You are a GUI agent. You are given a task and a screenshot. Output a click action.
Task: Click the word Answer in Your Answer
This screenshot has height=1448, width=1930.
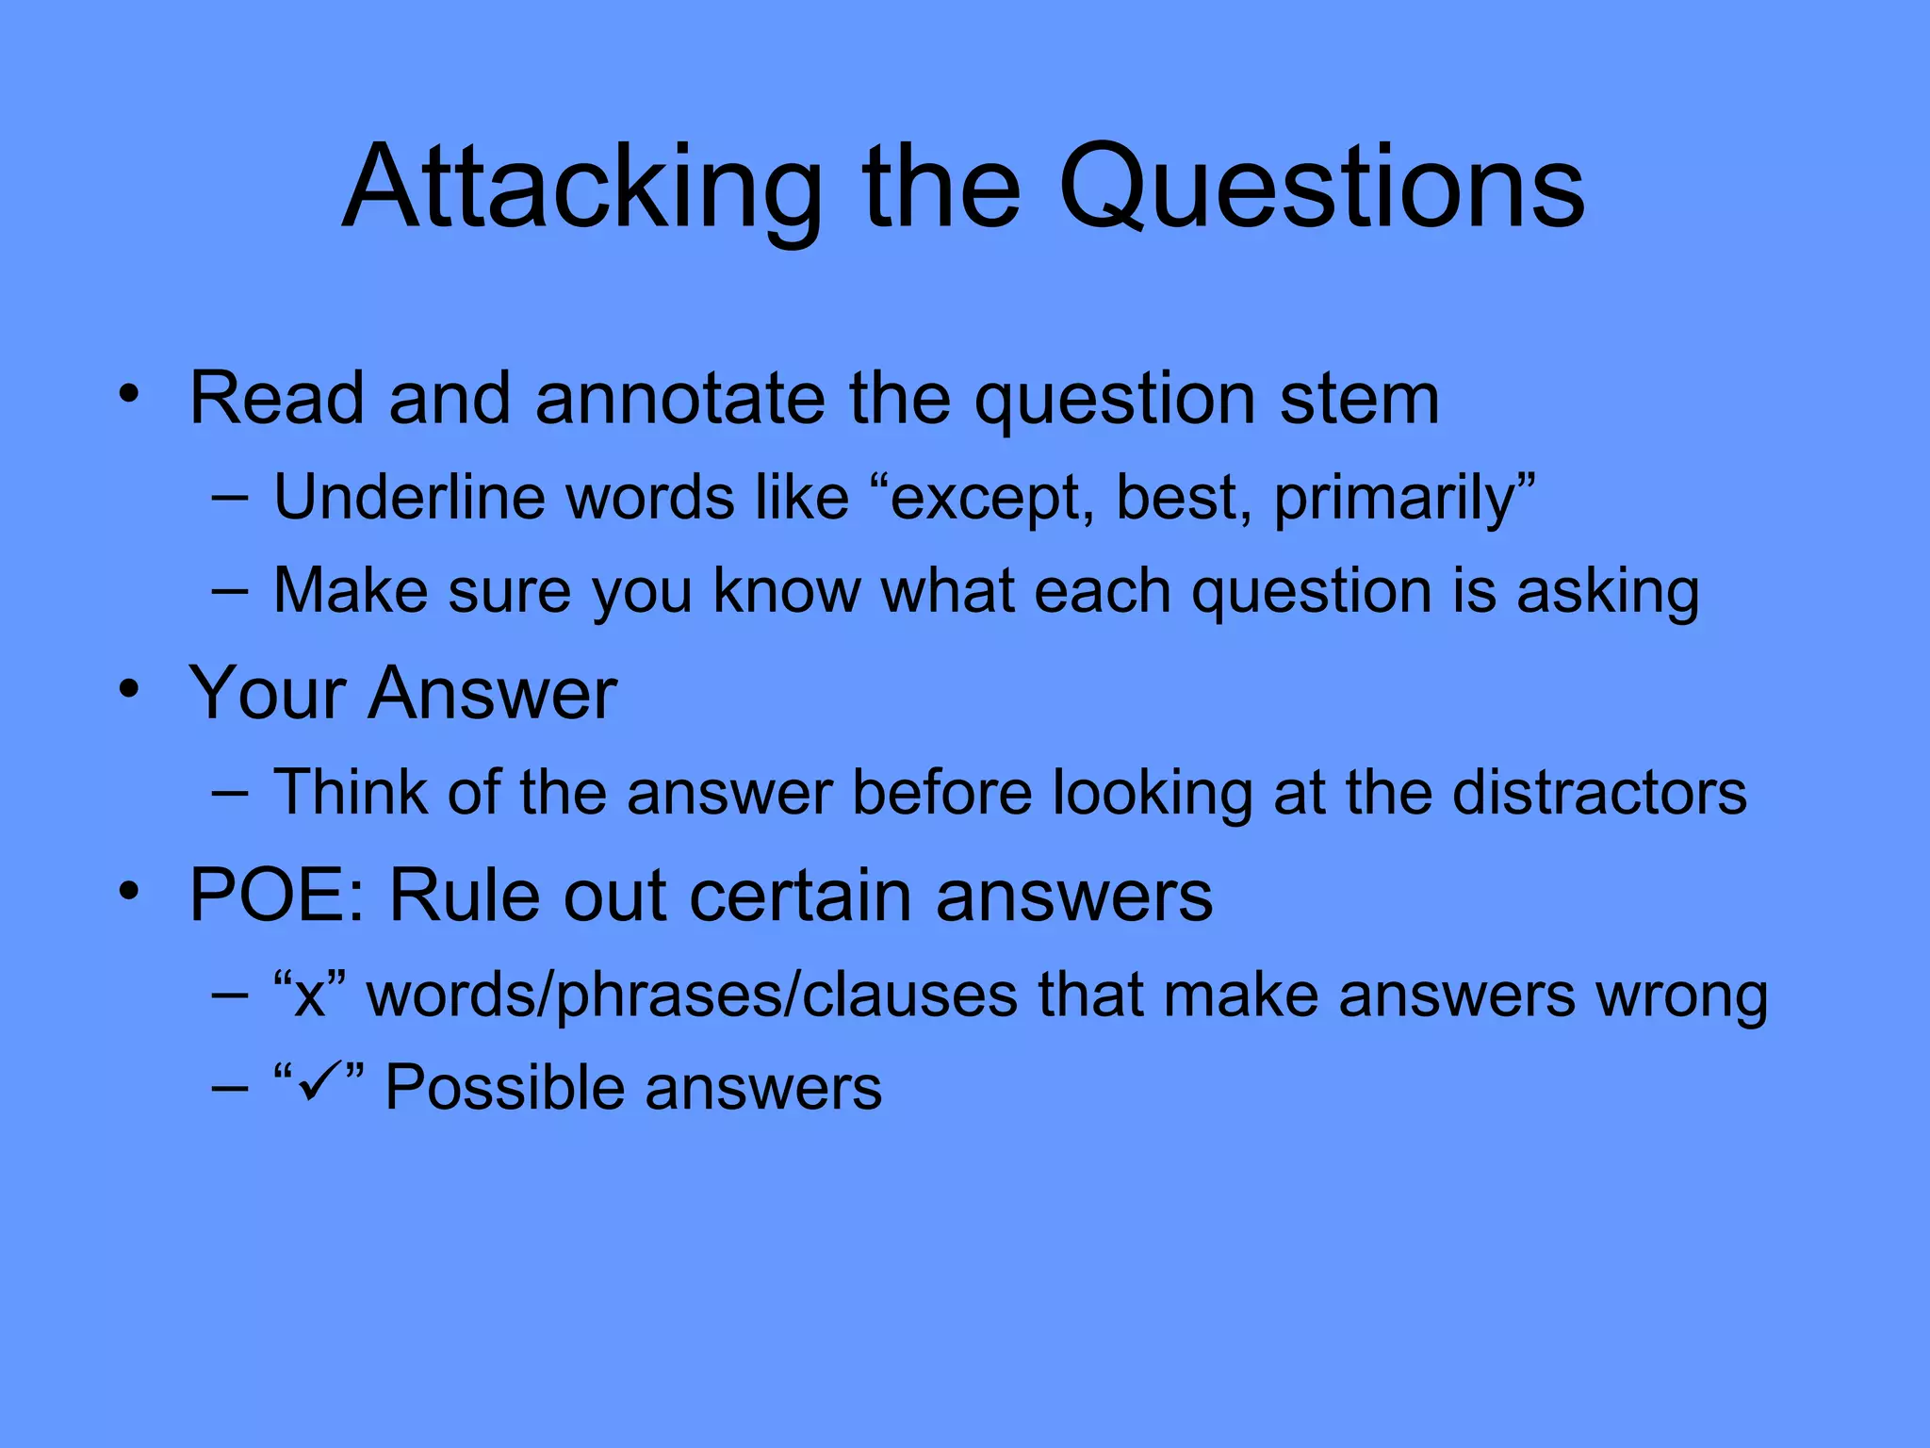point(493,693)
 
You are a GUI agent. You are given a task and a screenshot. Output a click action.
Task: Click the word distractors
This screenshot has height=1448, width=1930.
point(1599,792)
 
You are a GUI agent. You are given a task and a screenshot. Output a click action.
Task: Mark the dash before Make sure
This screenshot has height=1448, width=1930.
point(230,591)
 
